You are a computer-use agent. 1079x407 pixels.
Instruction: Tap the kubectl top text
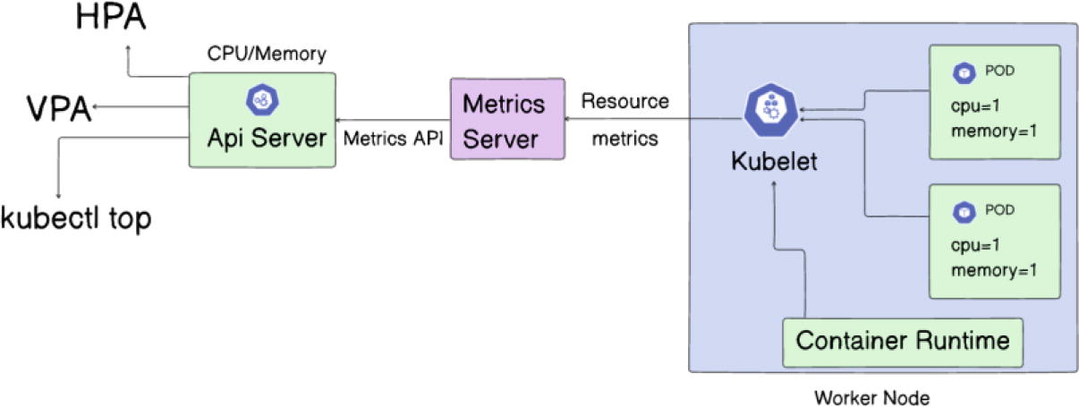(x=75, y=217)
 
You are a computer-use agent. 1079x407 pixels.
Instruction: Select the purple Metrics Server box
(x=506, y=119)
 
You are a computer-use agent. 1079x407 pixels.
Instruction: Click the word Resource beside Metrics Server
(x=624, y=101)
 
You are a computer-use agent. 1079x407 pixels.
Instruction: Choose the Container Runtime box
(x=902, y=341)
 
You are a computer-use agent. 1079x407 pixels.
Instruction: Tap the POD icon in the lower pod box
(x=964, y=212)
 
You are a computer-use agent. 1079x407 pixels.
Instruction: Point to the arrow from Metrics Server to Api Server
(x=391, y=119)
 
